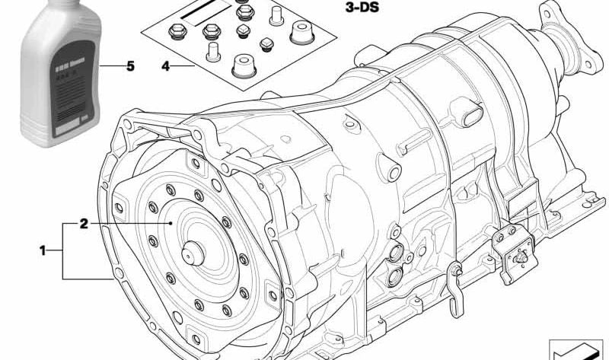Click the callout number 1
click(43, 250)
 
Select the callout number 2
click(84, 224)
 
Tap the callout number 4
click(165, 67)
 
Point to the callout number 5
click(130, 67)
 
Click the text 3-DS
click(358, 9)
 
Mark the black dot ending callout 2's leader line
click(173, 224)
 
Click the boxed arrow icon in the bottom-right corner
click(574, 348)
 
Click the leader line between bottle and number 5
click(110, 67)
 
